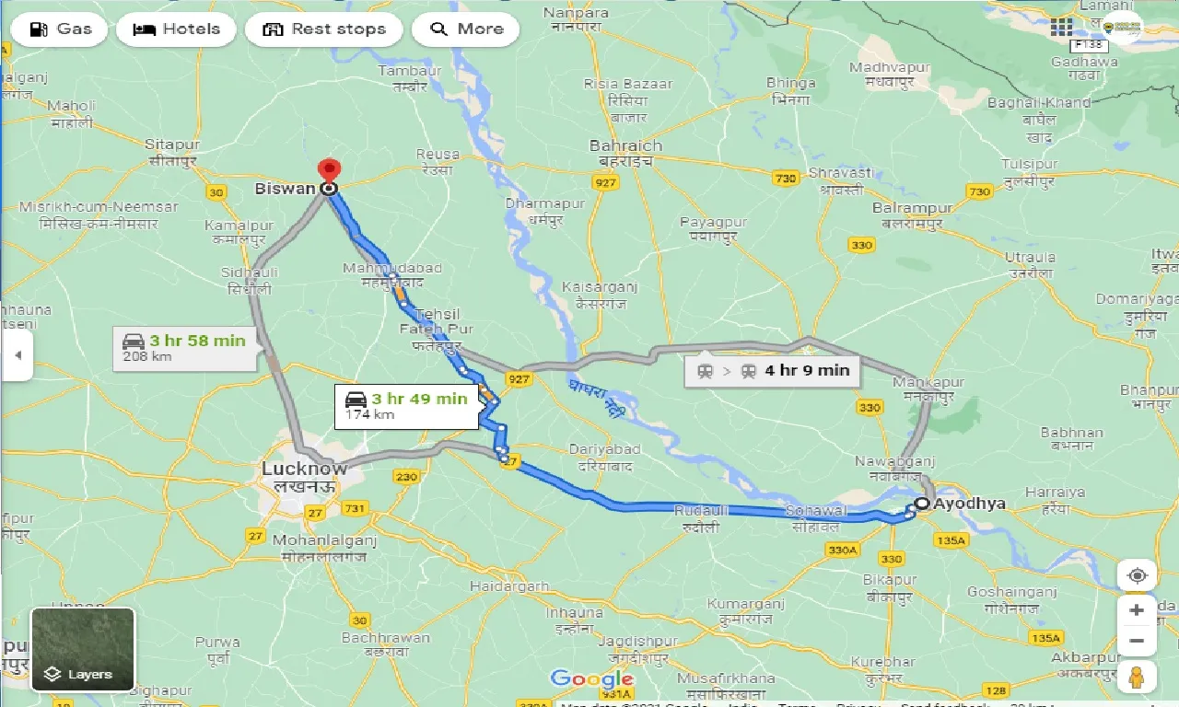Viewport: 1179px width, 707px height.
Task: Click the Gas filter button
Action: pos(59,29)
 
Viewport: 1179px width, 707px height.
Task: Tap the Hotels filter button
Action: pos(176,29)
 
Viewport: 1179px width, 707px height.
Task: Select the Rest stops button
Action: pos(323,29)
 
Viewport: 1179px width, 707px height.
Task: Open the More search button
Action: pos(465,29)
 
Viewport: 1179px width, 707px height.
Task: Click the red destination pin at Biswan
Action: pos(328,172)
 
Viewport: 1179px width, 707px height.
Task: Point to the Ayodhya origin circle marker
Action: pos(921,504)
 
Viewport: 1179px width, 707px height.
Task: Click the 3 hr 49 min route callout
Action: pos(406,405)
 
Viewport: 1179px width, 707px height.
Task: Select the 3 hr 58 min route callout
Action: pos(185,348)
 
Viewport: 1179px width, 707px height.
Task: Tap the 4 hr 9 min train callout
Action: pos(773,371)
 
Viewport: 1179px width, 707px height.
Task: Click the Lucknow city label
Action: pos(304,469)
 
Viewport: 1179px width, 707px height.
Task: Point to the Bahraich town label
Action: pos(625,146)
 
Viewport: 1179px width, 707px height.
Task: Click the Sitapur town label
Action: pos(172,145)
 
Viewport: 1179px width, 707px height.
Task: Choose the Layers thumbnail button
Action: pos(83,649)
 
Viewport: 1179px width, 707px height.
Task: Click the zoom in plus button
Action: pos(1137,610)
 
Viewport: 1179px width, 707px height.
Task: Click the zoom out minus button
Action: pos(1137,641)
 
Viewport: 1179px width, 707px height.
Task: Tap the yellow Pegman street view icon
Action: pos(1137,677)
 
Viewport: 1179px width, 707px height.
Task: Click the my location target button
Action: pos(1137,575)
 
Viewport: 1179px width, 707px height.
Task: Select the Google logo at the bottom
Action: pos(591,679)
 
